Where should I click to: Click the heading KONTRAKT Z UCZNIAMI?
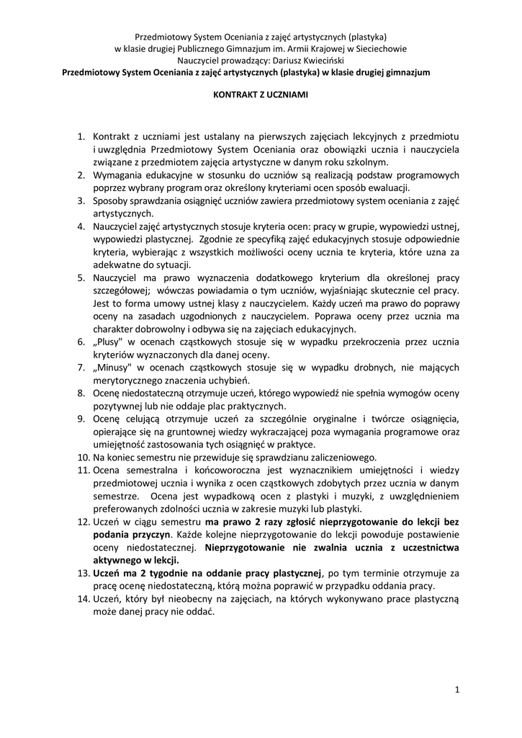(x=261, y=94)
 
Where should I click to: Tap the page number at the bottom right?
(x=457, y=690)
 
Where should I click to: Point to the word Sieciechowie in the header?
(x=382, y=49)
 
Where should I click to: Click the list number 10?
(x=82, y=457)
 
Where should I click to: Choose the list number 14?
(x=82, y=600)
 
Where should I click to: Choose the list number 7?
(x=82, y=368)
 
